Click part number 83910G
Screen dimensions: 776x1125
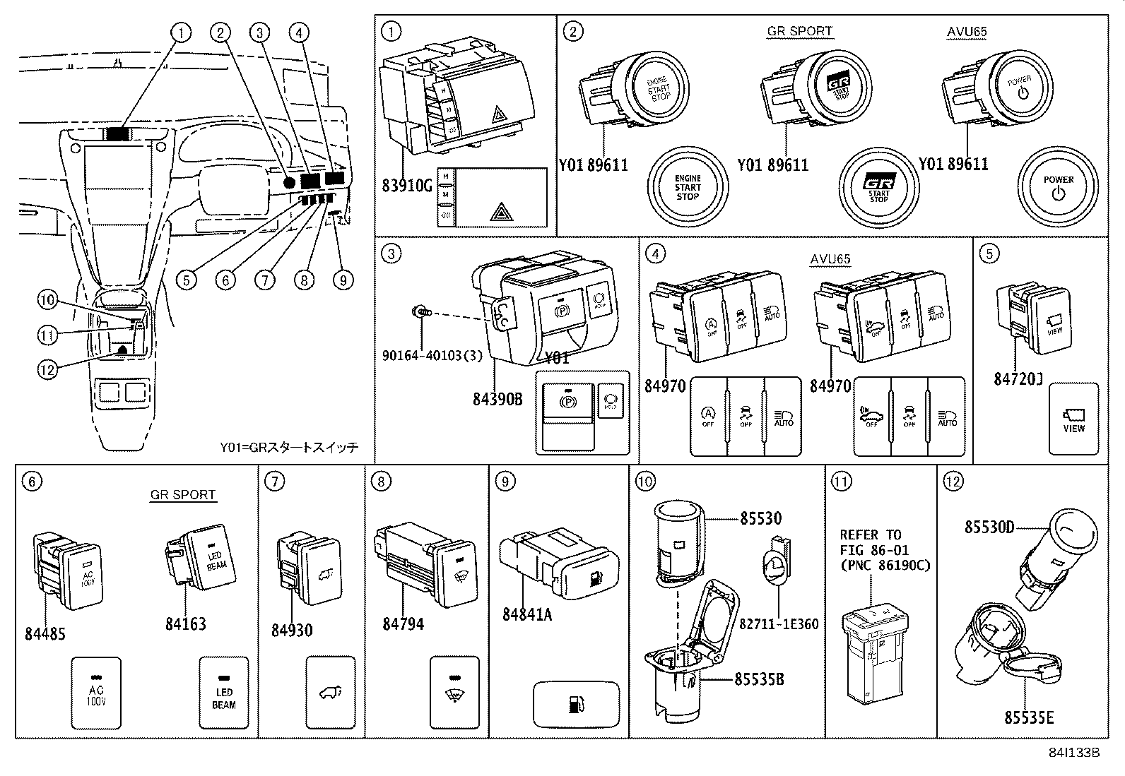click(406, 186)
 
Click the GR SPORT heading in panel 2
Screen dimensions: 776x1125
click(799, 31)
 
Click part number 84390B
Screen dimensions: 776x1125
click(497, 399)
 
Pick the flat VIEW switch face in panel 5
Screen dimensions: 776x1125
click(1073, 419)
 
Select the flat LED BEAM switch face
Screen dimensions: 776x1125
click(224, 693)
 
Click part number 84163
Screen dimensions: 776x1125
click(186, 623)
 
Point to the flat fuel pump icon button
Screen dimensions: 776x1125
click(576, 704)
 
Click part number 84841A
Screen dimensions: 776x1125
click(526, 614)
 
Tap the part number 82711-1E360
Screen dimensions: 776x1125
click(779, 624)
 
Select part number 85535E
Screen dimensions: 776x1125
click(1029, 717)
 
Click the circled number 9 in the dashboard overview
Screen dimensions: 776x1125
click(343, 280)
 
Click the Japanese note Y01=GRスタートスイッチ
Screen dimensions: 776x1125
click(289, 447)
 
